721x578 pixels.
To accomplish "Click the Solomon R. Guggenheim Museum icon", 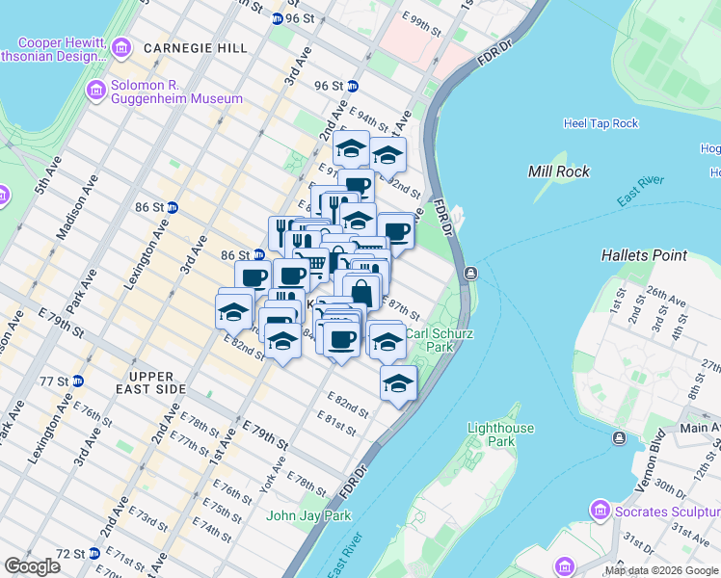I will (96, 92).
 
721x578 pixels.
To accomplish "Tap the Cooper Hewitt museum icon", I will (121, 47).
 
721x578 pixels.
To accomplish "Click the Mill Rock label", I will (557, 171).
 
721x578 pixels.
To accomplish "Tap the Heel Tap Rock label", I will (601, 123).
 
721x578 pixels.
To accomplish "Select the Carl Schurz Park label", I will (429, 340).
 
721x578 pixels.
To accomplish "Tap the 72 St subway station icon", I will (93, 554).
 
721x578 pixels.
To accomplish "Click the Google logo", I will (32, 566).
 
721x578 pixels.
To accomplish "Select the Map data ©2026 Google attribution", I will (661, 570).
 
